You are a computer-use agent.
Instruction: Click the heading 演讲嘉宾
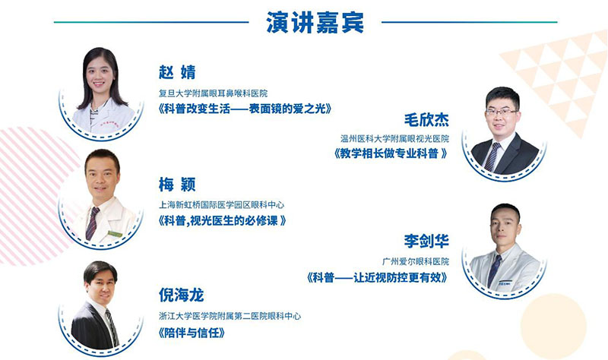(x=315, y=22)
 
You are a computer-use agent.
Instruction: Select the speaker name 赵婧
(x=177, y=72)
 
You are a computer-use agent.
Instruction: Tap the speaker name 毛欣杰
(x=426, y=119)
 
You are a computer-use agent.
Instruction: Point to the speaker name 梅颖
(x=177, y=185)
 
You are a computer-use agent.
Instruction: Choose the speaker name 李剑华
(x=426, y=241)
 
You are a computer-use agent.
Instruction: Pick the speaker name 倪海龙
(x=181, y=295)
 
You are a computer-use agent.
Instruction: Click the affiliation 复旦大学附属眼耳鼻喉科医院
(x=214, y=93)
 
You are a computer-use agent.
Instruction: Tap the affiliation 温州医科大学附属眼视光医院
(x=394, y=138)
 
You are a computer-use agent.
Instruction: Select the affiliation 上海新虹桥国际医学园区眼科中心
(x=221, y=205)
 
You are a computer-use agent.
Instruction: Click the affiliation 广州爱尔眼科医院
(x=416, y=261)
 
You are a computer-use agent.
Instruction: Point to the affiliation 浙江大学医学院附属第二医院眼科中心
(x=230, y=316)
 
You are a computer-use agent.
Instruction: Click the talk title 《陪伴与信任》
(x=192, y=333)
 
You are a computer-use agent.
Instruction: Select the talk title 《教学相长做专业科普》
(x=391, y=154)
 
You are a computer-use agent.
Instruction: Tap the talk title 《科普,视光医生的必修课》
(x=222, y=221)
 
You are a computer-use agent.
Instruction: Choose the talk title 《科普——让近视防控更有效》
(x=377, y=277)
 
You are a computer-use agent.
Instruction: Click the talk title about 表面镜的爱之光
(x=245, y=109)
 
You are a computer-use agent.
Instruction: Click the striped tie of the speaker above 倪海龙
(x=112, y=327)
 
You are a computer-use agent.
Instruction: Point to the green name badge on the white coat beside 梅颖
(x=116, y=234)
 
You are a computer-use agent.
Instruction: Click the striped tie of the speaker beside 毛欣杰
(x=492, y=157)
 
